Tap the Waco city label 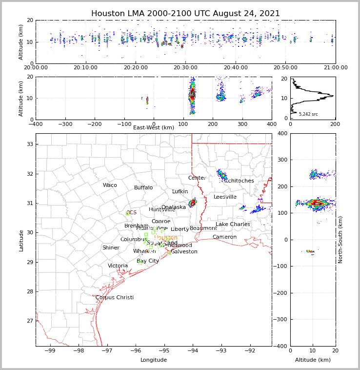110,185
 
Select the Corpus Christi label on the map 115,298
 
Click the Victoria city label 118,266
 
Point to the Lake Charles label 233,225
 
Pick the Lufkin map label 180,192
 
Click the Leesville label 225,197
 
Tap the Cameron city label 224,237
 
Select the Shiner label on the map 111,248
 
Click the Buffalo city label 143,188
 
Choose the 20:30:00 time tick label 186,68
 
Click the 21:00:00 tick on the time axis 335,68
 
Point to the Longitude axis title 154,360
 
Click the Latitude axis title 21,240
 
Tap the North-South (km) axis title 340,240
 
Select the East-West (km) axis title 154,128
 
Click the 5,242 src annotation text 308,114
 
